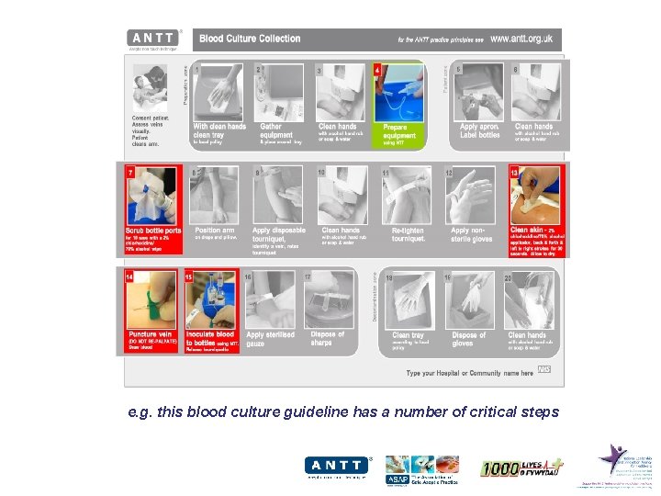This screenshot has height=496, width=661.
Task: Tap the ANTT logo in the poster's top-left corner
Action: coord(151,39)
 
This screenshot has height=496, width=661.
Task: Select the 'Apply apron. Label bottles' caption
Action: coord(480,130)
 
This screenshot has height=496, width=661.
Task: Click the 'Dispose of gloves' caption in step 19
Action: coord(469,339)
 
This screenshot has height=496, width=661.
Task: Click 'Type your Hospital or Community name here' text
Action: coord(470,373)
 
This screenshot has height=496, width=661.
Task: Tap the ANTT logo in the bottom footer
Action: coord(337,468)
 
